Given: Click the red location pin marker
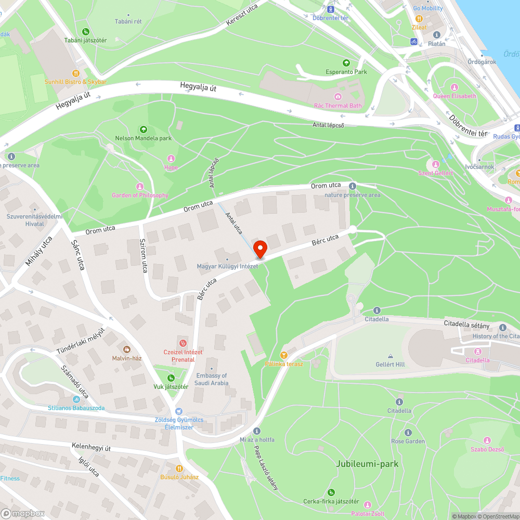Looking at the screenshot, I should point(259,248).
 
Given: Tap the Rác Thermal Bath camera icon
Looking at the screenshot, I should point(338,96).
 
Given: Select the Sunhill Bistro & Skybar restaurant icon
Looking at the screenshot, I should point(75,73).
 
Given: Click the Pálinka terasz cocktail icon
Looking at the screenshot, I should point(283,355).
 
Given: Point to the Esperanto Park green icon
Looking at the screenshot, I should point(346,63).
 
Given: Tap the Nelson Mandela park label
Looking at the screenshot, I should point(144,138).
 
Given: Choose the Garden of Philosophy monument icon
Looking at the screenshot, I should point(140,186).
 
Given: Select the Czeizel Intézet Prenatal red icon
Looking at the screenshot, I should point(183,343).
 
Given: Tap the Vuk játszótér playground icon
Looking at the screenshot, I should point(171,378).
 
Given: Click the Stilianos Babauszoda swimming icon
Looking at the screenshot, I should point(76,399).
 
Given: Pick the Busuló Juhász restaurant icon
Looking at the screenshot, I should point(179,468).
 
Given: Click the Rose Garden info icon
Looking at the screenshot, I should point(408,433).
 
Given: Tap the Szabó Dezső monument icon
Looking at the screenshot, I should point(487,440).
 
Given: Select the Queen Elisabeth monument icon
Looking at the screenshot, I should point(454,87).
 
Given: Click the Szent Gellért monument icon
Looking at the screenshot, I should point(436,164).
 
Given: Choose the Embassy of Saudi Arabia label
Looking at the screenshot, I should point(212,379).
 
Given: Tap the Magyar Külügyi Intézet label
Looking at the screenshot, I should point(227,266).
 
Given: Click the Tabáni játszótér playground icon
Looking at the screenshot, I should point(86,31).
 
